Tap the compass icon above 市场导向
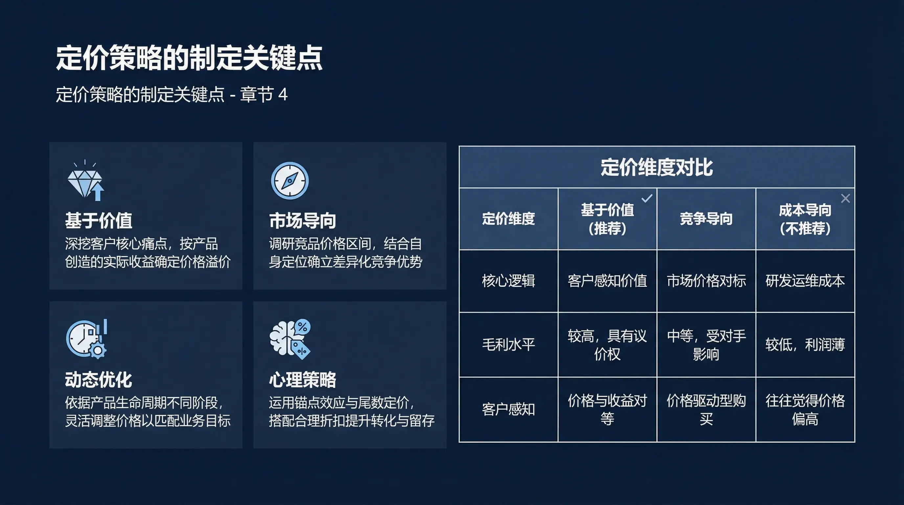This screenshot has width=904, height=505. (290, 181)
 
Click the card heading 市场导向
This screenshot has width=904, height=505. (303, 221)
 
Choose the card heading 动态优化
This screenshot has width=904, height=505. (99, 380)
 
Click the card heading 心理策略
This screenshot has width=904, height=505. (303, 380)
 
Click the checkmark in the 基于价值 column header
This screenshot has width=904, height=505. (647, 199)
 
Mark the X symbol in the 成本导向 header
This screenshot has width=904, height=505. (846, 199)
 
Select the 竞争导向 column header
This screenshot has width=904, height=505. (706, 219)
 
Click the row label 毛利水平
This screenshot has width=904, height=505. (508, 345)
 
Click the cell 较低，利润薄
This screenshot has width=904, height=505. (805, 345)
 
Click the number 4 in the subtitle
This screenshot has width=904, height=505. (282, 94)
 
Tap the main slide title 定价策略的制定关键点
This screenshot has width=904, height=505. (189, 58)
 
